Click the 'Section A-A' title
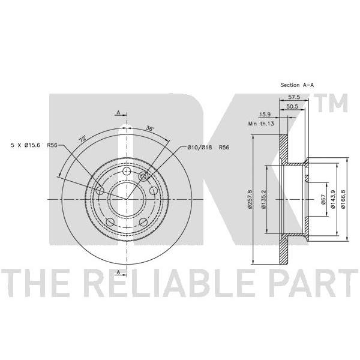tap(297, 85)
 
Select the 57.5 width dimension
tap(294, 97)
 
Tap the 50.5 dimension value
tap(292, 107)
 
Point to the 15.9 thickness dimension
tap(265, 114)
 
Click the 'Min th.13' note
tap(261, 124)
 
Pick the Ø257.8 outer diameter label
tap(250, 199)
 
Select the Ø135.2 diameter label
tap(263, 199)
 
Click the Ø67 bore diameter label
tap(323, 200)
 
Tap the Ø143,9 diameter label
tap(333, 199)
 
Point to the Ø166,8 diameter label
tap(343, 199)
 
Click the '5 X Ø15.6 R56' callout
tap(34, 145)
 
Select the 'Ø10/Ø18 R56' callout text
tap(208, 148)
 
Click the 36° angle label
tap(149, 128)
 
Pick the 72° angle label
tap(83, 139)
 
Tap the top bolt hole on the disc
tap(127, 171)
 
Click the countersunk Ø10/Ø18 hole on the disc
tap(143, 176)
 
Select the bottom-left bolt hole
tap(110, 222)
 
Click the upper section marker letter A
tap(118, 113)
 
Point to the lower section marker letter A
tap(118, 272)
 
